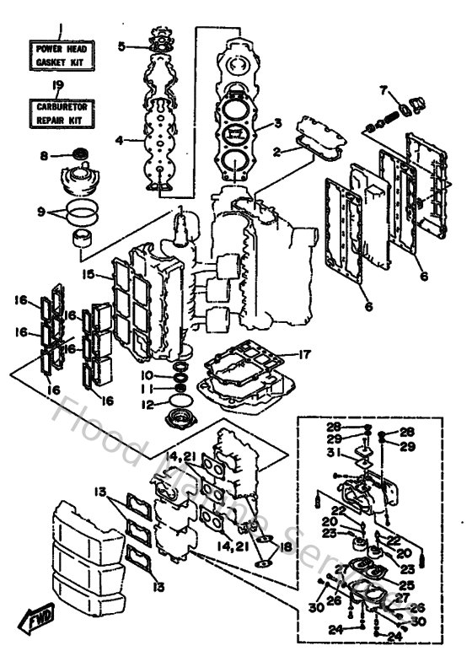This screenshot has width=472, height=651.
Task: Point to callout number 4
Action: point(119,140)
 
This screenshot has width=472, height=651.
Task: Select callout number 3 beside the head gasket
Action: point(276,124)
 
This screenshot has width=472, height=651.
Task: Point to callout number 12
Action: point(147,404)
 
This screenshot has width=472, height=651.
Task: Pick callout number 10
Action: point(147,374)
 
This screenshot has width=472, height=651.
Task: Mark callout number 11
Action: point(147,389)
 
